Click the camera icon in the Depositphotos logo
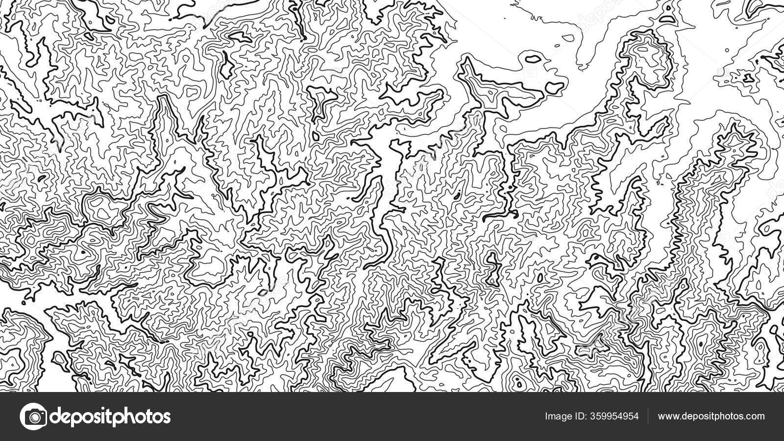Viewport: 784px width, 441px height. (x=33, y=416)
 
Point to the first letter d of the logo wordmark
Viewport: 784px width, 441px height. (x=56, y=416)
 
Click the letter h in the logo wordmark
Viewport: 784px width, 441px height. (x=131, y=416)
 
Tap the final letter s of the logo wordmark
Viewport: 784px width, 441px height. (x=166, y=417)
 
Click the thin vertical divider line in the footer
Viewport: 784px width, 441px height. (x=648, y=416)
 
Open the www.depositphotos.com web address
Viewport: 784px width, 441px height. (x=711, y=416)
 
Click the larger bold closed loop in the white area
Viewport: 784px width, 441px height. (x=555, y=88)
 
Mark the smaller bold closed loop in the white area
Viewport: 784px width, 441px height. (x=533, y=59)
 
